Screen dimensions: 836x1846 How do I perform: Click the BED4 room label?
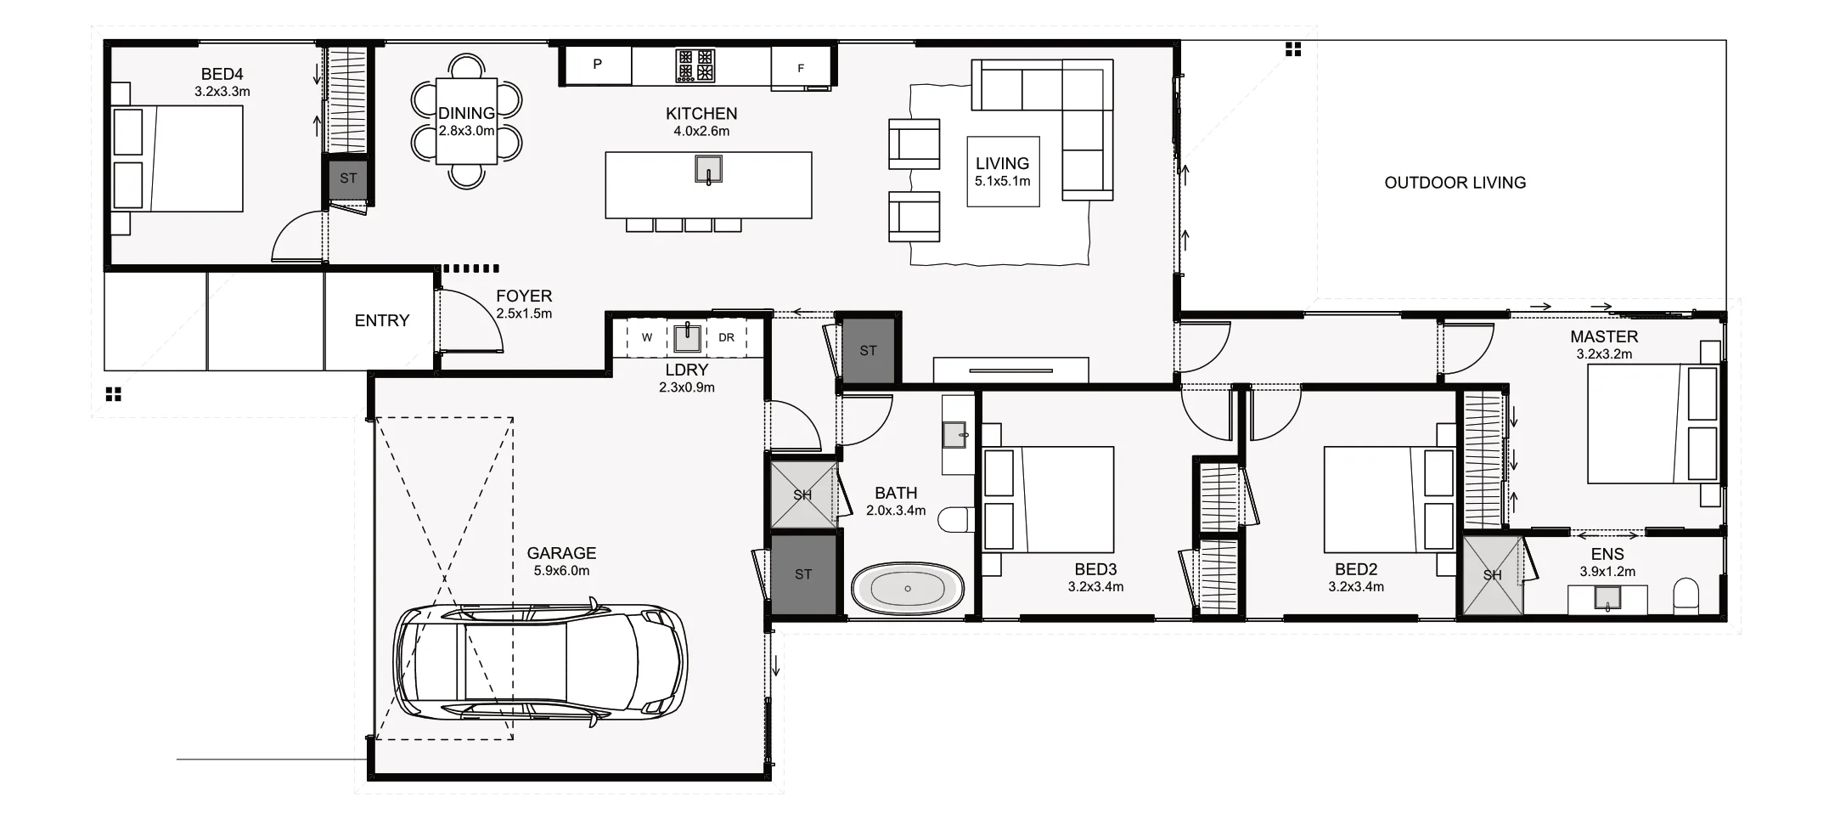(x=222, y=75)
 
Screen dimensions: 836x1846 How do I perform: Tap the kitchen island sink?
(x=708, y=169)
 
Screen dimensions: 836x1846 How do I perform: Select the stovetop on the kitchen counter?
(x=695, y=65)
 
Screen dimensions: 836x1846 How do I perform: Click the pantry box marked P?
(x=598, y=65)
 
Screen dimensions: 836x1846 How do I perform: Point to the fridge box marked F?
(x=800, y=68)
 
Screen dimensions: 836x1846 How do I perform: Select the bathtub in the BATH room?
(x=908, y=588)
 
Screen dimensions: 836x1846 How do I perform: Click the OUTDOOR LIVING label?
(x=1455, y=183)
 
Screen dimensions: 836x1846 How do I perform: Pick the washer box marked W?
(x=647, y=337)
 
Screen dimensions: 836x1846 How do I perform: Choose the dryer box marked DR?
(x=726, y=337)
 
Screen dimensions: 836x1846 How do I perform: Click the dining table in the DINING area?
(x=466, y=121)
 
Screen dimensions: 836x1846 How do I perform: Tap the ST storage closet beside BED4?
(x=348, y=178)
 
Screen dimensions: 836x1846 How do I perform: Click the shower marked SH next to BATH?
(x=802, y=494)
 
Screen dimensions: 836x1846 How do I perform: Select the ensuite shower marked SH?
(x=1492, y=575)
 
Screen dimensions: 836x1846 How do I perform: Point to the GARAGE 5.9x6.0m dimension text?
(x=561, y=571)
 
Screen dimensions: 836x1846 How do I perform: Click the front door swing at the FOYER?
(x=469, y=321)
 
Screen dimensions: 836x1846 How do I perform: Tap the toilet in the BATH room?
(x=958, y=519)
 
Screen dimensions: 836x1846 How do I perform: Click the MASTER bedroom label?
(x=1604, y=336)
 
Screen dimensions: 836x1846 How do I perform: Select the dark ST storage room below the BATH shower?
(x=803, y=574)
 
